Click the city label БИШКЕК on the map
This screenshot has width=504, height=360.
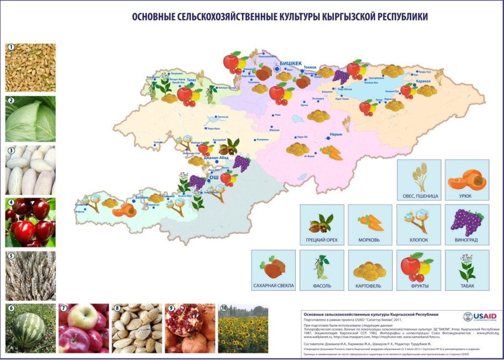point(290,64)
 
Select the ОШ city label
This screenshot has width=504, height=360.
point(213,179)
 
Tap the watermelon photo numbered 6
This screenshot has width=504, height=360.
point(30,328)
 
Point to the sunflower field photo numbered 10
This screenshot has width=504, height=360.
point(243,328)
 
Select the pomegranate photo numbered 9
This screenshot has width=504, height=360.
point(189,328)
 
